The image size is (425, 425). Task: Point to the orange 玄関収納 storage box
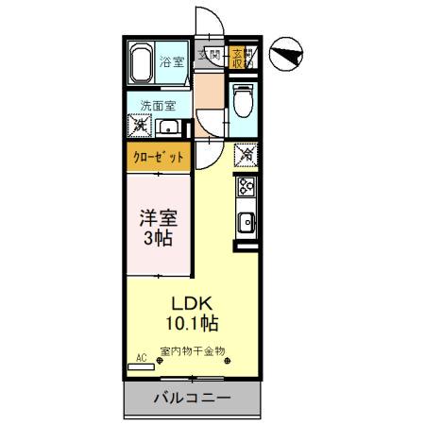239,57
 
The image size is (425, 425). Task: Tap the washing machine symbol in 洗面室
140,125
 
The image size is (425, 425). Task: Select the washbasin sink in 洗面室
170,127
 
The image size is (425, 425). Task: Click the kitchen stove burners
246,187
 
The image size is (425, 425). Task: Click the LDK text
195,304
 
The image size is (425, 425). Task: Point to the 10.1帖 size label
195,324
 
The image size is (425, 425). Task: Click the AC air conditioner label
143,357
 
